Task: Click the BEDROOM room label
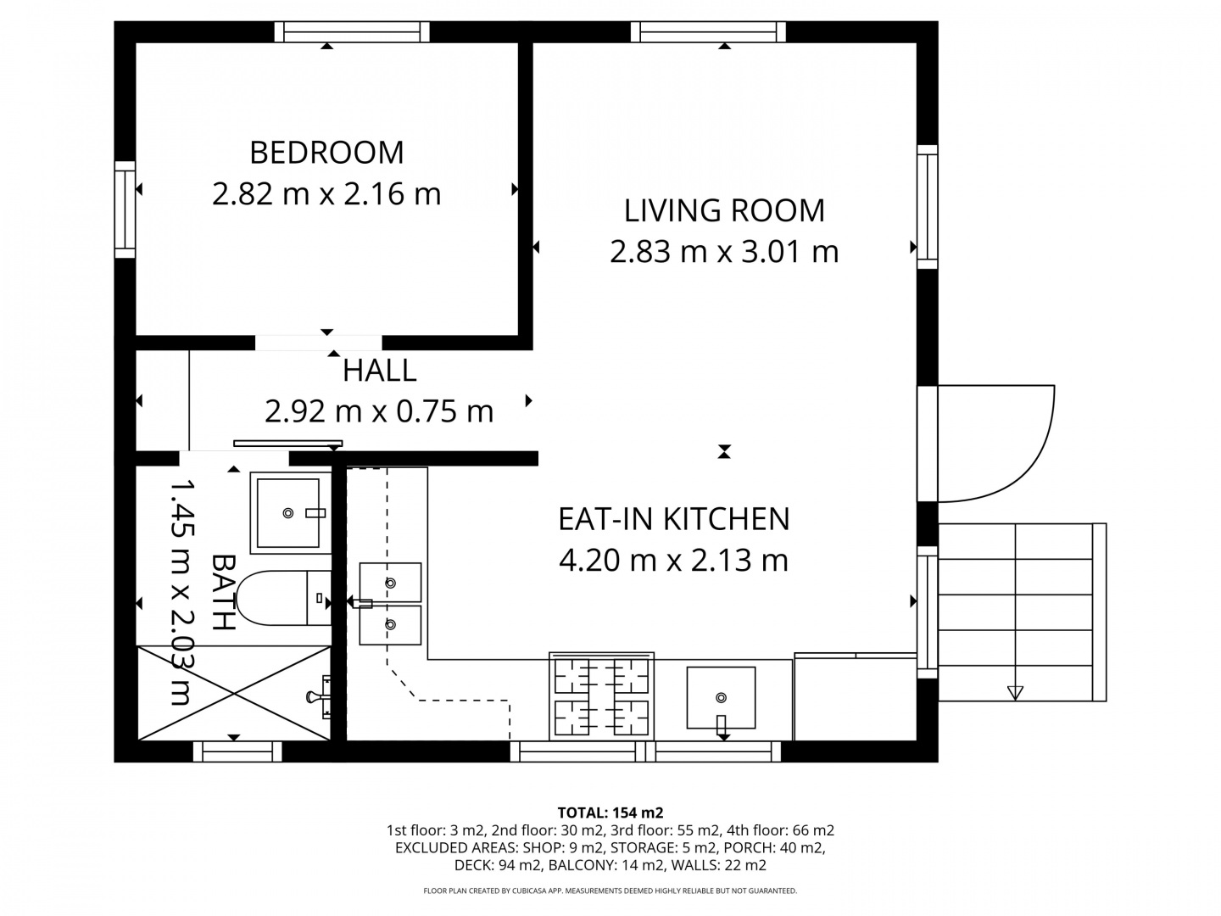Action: [326, 153]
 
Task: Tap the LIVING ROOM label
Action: [724, 211]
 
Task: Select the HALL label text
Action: [379, 371]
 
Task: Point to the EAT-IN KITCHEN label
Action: [673, 519]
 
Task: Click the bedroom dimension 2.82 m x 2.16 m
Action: [326, 194]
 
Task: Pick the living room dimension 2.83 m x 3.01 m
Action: [724, 251]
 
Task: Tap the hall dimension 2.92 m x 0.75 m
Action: [379, 411]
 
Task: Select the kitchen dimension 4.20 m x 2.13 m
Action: [673, 560]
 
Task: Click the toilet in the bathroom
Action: [284, 598]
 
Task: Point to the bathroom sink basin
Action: [290, 513]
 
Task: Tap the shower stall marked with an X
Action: [234, 693]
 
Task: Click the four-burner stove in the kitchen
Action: [601, 697]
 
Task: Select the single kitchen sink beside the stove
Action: [721, 698]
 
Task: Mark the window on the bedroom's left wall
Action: [125, 209]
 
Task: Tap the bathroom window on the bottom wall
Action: [237, 752]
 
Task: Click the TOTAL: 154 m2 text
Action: [610, 813]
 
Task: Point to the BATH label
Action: [224, 592]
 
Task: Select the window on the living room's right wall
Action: [928, 207]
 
